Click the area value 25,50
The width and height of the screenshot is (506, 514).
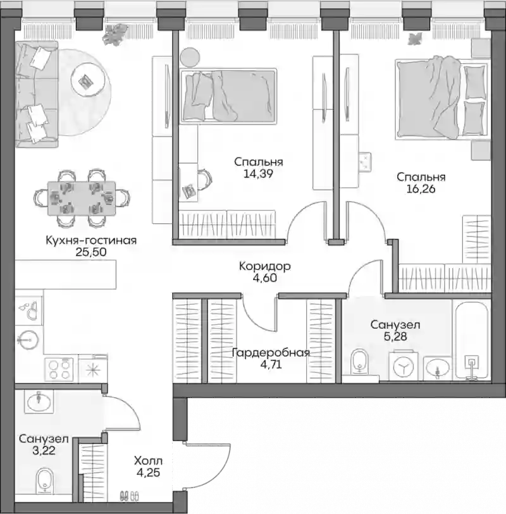pyautogui.click(x=91, y=252)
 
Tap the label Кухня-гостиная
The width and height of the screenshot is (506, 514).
pyautogui.click(x=91, y=240)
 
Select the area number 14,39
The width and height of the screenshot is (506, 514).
pyautogui.click(x=259, y=173)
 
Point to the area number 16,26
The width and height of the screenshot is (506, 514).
pyautogui.click(x=421, y=189)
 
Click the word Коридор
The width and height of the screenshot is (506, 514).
pyautogui.click(x=264, y=266)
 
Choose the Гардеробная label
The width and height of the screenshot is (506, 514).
pyautogui.click(x=271, y=353)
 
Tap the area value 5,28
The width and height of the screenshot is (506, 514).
pyautogui.click(x=395, y=336)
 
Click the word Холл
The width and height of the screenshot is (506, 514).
pyautogui.click(x=148, y=461)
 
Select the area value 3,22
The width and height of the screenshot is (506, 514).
pyautogui.click(x=44, y=451)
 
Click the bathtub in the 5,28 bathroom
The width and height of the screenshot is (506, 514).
pyautogui.click(x=471, y=340)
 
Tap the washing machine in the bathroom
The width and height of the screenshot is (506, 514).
pyautogui.click(x=404, y=366)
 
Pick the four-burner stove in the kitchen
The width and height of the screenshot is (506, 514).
pyautogui.click(x=59, y=369)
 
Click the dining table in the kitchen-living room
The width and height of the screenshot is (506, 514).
pyautogui.click(x=82, y=199)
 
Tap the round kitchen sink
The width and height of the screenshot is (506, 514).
pyautogui.click(x=29, y=340)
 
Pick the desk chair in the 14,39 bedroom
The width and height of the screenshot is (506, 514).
pyautogui.click(x=204, y=179)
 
